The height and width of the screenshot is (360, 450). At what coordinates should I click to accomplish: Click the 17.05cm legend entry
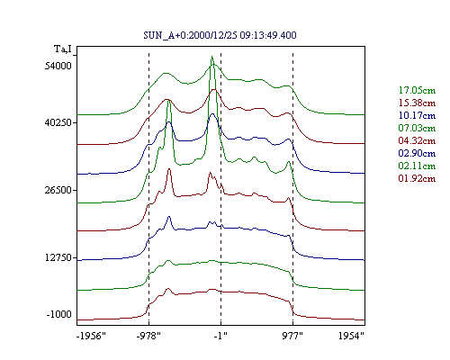pyautogui.click(x=417, y=90)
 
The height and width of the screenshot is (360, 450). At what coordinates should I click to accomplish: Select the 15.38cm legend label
pyautogui.click(x=417, y=103)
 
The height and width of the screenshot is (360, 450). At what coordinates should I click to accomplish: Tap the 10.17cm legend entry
pyautogui.click(x=417, y=115)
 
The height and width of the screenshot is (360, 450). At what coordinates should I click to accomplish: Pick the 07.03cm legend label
pyautogui.click(x=417, y=128)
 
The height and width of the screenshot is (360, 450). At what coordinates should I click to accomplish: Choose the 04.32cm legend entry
pyautogui.click(x=417, y=140)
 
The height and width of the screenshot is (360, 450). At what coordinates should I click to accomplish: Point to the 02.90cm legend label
pyautogui.click(x=417, y=153)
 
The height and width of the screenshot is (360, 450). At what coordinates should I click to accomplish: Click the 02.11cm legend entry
pyautogui.click(x=417, y=166)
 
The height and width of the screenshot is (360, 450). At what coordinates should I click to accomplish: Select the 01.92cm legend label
pyautogui.click(x=417, y=178)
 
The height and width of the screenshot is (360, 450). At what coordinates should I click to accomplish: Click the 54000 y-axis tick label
pyautogui.click(x=58, y=66)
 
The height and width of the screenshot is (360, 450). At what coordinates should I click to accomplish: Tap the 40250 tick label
pyautogui.click(x=58, y=122)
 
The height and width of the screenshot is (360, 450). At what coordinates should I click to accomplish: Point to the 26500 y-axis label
pyautogui.click(x=58, y=190)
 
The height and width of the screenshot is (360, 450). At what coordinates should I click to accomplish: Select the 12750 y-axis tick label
pyautogui.click(x=58, y=257)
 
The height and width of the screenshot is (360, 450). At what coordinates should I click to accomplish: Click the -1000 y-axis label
pyautogui.click(x=59, y=314)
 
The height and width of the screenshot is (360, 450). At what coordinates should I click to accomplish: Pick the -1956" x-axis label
pyautogui.click(x=91, y=336)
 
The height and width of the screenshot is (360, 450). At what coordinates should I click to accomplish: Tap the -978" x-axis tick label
pyautogui.click(x=148, y=336)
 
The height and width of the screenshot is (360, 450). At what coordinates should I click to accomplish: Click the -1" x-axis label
pyautogui.click(x=220, y=336)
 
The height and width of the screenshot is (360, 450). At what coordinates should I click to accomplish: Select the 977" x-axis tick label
pyautogui.click(x=292, y=336)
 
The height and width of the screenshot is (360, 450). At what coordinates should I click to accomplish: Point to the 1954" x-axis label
pyautogui.click(x=351, y=336)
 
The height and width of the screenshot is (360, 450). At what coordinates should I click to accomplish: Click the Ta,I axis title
pyautogui.click(x=63, y=49)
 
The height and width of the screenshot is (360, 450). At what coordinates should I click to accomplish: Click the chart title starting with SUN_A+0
pyautogui.click(x=220, y=35)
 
